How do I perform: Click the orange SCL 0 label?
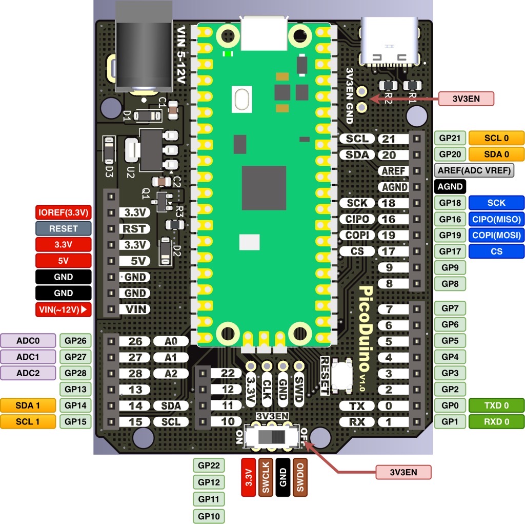point(496,138)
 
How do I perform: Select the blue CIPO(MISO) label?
point(496,219)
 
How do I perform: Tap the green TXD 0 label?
point(496,405)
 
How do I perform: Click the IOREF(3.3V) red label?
point(64,212)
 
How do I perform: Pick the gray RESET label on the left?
point(64,228)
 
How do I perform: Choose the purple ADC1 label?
point(28,357)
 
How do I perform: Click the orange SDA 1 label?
point(28,405)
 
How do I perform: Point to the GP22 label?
point(209,466)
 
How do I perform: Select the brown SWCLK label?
point(266,477)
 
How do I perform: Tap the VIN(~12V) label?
point(64,309)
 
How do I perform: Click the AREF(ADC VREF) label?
point(474,170)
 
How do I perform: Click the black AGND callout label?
point(450,187)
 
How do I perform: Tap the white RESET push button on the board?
point(341,375)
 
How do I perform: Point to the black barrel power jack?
point(144,46)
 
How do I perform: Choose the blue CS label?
point(496,251)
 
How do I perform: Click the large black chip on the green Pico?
point(264,187)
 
